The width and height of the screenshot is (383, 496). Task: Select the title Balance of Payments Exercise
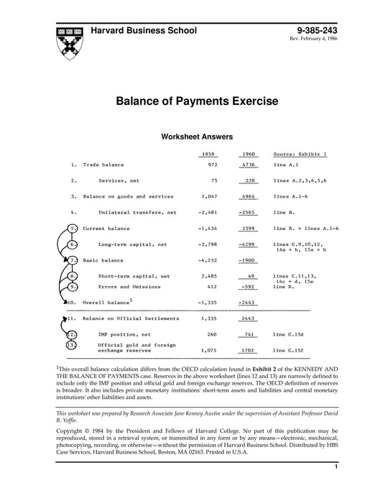click(x=191, y=103)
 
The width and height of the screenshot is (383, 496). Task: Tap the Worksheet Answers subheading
click(x=191, y=136)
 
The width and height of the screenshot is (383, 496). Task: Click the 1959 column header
click(x=207, y=154)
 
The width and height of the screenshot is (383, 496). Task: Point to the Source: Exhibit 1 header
click(x=300, y=154)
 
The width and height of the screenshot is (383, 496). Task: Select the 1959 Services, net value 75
click(x=213, y=180)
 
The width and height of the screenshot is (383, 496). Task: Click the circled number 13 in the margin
click(x=72, y=346)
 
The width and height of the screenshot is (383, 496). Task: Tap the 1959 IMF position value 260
click(x=211, y=334)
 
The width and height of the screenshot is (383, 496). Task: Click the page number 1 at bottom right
click(x=336, y=487)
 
